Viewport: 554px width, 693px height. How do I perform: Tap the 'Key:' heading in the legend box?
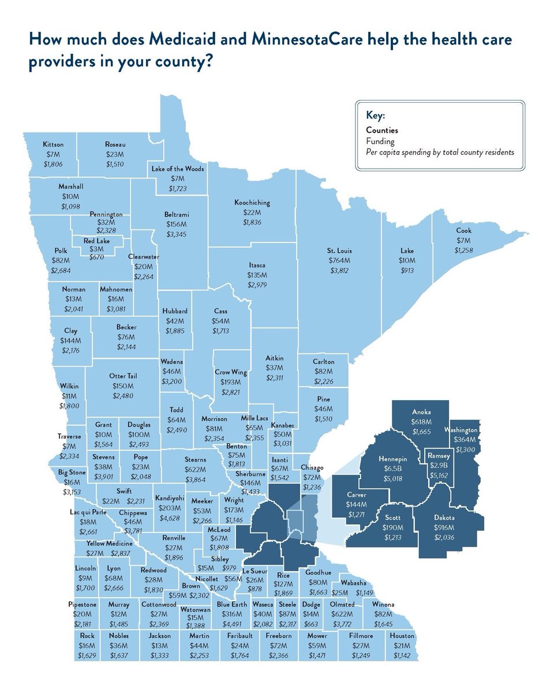(x=376, y=115)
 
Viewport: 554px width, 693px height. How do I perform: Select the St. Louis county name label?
(x=339, y=251)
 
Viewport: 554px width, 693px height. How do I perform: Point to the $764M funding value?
(x=339, y=261)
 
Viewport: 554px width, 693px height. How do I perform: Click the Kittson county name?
(x=53, y=144)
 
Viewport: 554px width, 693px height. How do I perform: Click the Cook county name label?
(x=463, y=231)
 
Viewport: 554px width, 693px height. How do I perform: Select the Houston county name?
(x=402, y=636)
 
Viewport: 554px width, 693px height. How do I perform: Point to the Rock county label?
(x=87, y=636)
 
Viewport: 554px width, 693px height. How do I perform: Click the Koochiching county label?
(x=252, y=203)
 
